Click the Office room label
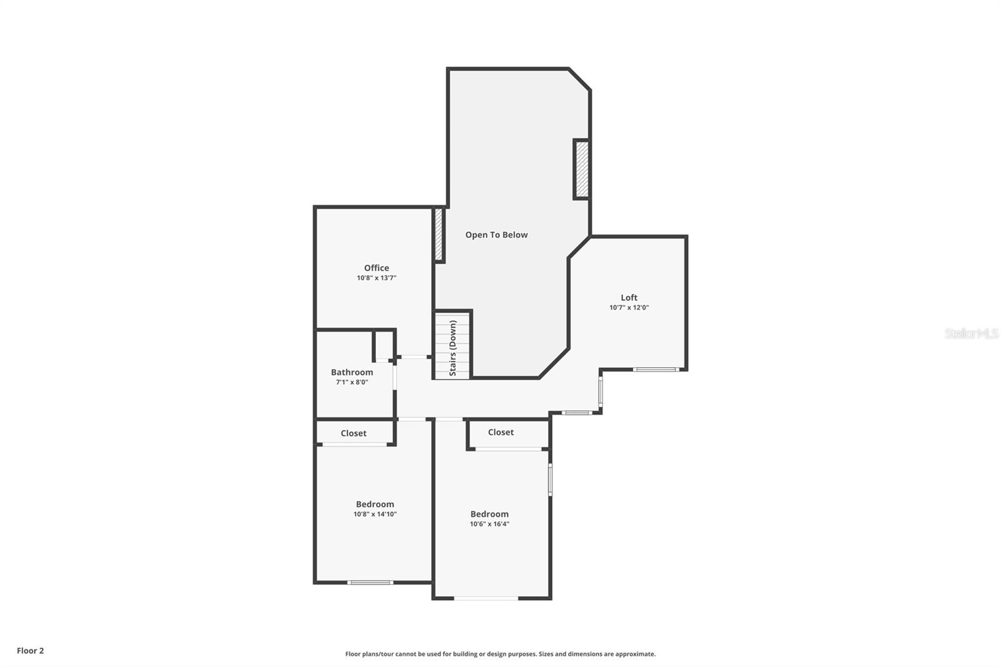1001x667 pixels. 377,268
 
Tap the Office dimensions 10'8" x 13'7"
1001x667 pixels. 377,278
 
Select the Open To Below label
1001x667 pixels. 496,235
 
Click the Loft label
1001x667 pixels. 629,298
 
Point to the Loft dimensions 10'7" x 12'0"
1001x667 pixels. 629,308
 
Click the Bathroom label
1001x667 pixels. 352,372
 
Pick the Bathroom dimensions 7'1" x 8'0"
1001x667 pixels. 352,382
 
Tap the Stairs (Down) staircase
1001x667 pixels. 453,347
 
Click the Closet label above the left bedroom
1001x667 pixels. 353,433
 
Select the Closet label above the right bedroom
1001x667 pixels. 500,432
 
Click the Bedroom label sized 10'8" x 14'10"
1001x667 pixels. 375,504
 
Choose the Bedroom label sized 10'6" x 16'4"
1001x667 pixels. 489,514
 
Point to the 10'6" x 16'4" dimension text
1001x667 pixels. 489,524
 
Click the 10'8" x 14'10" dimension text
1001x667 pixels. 375,514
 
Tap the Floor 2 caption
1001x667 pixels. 30,651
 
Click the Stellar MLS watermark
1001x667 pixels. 971,333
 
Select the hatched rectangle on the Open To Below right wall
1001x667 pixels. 582,170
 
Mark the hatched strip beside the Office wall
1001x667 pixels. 439,235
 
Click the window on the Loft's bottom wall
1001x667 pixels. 655,370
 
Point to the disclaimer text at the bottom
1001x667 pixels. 500,654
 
